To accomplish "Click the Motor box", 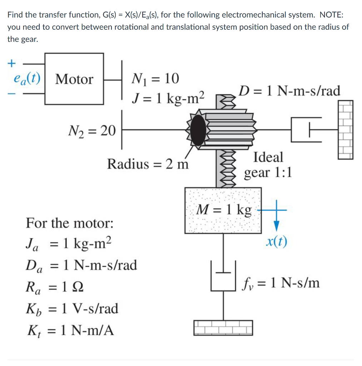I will click(x=74, y=79).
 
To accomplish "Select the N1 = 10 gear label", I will click(x=155, y=79).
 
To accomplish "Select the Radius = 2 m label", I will click(x=148, y=164).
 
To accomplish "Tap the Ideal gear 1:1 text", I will click(x=268, y=165).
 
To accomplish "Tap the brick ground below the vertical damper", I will click(x=223, y=327).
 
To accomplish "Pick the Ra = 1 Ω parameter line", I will click(x=55, y=287).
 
